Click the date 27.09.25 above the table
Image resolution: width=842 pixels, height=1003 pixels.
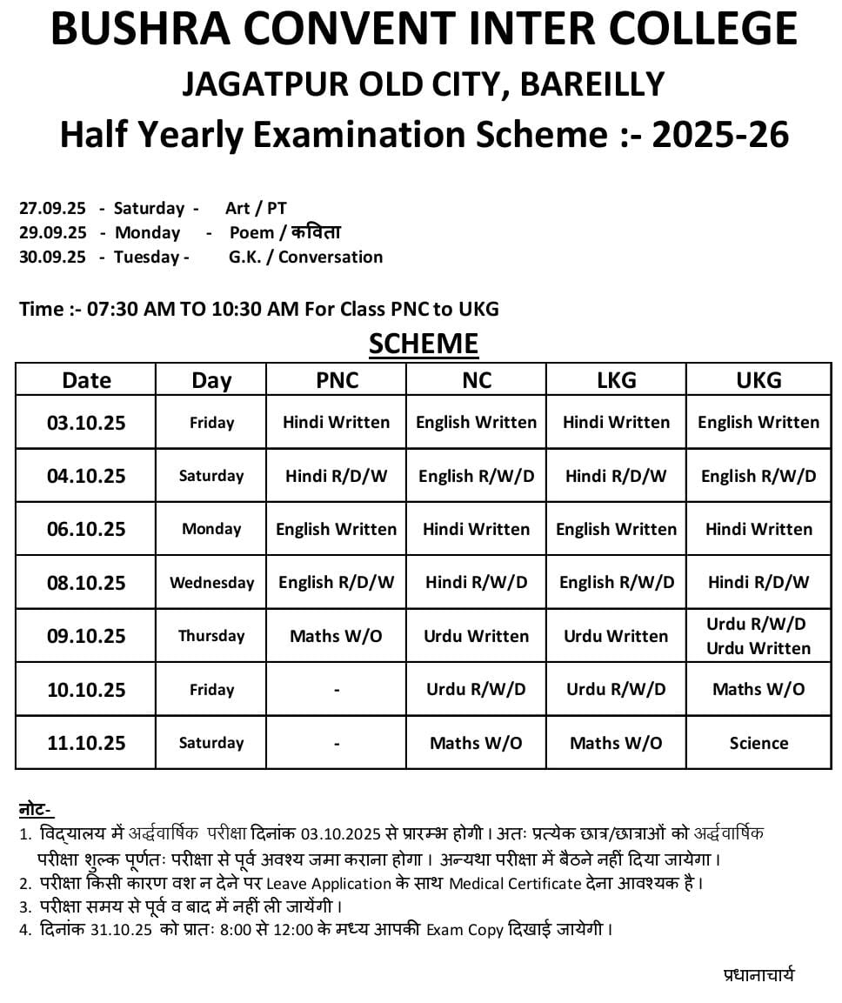pyautogui.click(x=52, y=209)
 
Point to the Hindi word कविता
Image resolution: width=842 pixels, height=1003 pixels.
pyautogui.click(x=316, y=232)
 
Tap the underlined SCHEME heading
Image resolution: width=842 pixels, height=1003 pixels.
pyautogui.click(x=424, y=344)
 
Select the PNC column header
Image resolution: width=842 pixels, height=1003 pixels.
pyautogui.click(x=337, y=380)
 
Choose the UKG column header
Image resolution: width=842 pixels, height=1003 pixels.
pyautogui.click(x=758, y=380)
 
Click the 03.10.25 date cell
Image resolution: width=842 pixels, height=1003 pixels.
pyautogui.click(x=86, y=423)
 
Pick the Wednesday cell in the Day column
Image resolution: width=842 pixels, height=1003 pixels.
pyautogui.click(x=211, y=583)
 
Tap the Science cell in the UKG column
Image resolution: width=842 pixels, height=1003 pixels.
pyautogui.click(x=758, y=743)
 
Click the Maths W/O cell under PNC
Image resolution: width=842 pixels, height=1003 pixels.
pyautogui.click(x=337, y=636)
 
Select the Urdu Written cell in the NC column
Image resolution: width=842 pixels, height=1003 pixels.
pyautogui.click(x=476, y=636)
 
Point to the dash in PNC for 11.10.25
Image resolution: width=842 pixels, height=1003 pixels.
pyautogui.click(x=337, y=744)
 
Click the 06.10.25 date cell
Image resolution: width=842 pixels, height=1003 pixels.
pyautogui.click(x=86, y=529)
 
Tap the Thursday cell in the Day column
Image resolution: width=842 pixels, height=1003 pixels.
pyautogui.click(x=211, y=636)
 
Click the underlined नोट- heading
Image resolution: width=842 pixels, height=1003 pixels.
pyautogui.click(x=36, y=810)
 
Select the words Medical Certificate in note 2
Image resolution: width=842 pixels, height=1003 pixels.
pyautogui.click(x=514, y=884)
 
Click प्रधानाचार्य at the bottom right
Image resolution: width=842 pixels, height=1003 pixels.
pyautogui.click(x=758, y=975)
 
